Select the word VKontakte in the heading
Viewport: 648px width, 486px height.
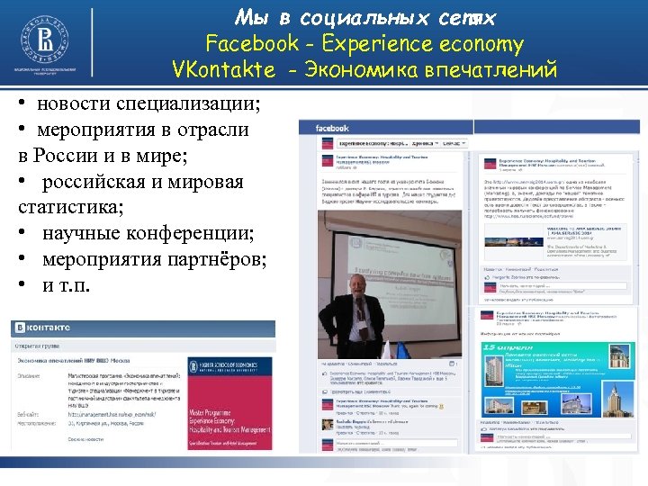[x=223, y=68]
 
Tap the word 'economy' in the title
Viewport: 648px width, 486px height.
[x=478, y=43]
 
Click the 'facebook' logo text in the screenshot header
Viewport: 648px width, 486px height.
[x=332, y=129]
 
